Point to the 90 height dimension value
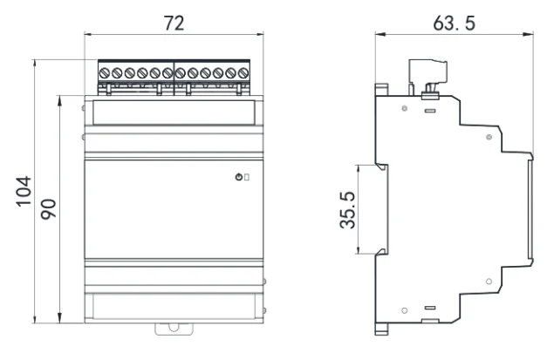[x=49, y=207]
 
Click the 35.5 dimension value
[x=346, y=210]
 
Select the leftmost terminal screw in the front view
[x=105, y=72]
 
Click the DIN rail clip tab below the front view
[x=174, y=329]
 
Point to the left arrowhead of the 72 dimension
[x=87, y=35]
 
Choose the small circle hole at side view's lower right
[x=489, y=281]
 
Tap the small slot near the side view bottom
[x=429, y=309]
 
